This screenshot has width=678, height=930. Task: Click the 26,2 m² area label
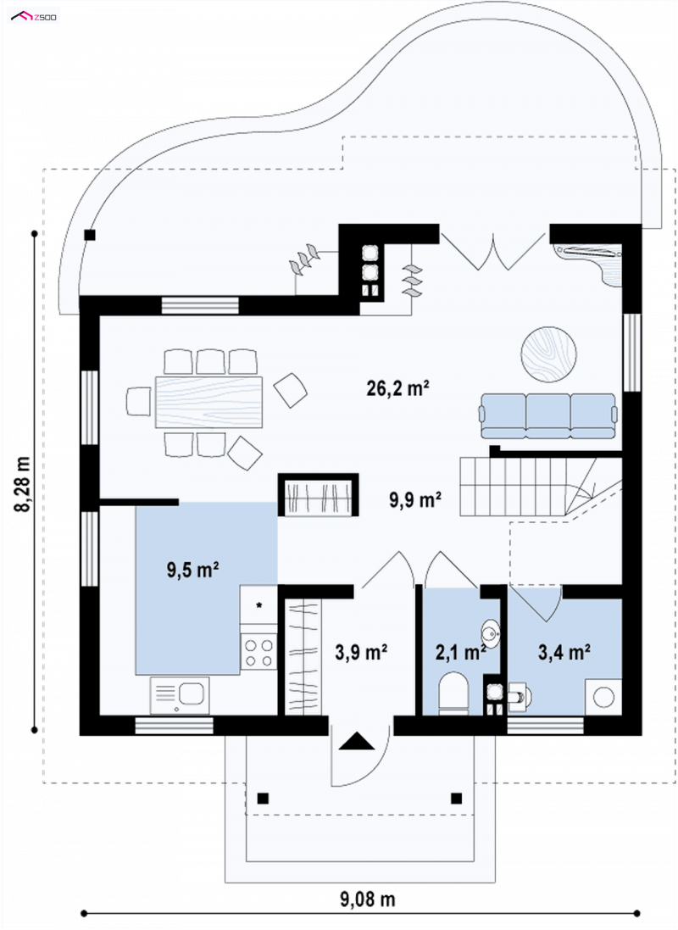[397, 388]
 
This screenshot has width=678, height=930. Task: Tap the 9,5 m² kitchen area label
[192, 571]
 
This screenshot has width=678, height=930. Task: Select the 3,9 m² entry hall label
[361, 653]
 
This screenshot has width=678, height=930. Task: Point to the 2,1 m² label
[461, 653]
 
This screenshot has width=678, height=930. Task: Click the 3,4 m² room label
[564, 653]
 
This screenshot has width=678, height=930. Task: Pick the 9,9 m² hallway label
[414, 500]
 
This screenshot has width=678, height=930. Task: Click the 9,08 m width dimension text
[367, 899]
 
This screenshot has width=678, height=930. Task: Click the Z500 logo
[34, 17]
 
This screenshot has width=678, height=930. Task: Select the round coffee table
[548, 354]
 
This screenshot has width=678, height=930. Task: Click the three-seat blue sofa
[548, 415]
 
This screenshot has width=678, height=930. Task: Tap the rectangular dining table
[208, 402]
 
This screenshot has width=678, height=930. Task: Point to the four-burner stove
[258, 651]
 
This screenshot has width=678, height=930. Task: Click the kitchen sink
[180, 695]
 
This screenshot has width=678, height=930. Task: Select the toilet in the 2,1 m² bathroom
[453, 693]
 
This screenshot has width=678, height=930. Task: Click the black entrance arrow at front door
[356, 742]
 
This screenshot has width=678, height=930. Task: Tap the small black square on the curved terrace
[90, 235]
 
